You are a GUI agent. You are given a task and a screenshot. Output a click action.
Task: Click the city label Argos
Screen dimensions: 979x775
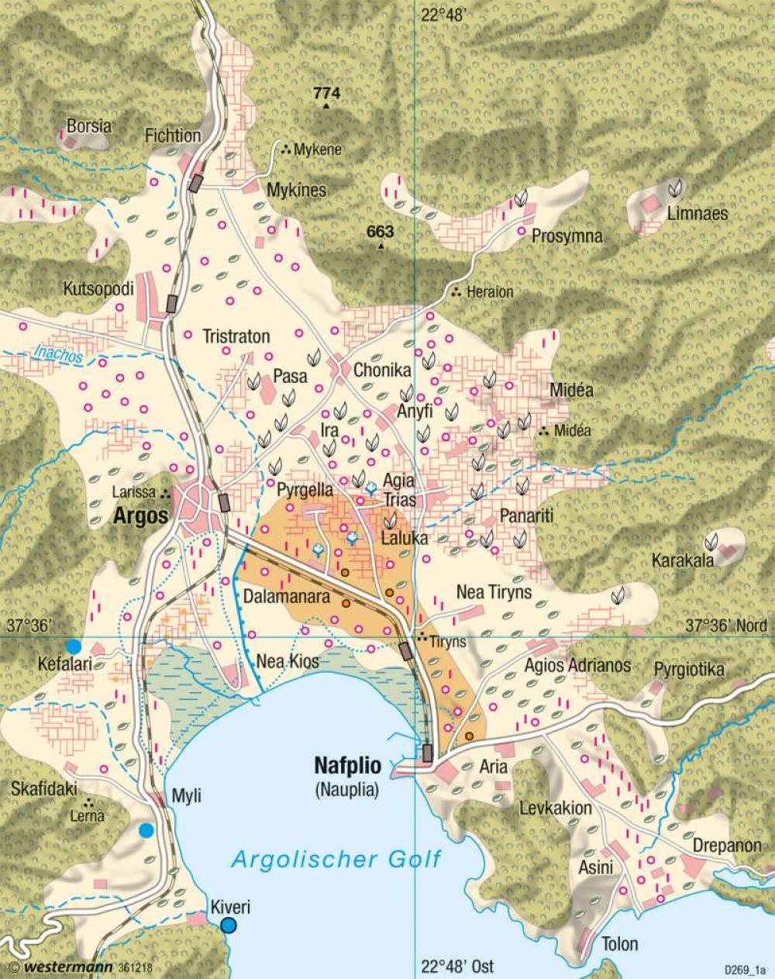coord(141,515)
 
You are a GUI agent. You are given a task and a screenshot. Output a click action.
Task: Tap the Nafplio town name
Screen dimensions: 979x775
coord(347,766)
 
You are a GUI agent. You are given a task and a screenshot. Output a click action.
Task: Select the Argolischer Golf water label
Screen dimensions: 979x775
coord(336,859)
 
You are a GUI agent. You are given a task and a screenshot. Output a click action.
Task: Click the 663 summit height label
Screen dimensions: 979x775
coord(381,232)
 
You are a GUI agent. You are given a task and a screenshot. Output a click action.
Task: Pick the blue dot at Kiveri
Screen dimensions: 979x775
coord(228,925)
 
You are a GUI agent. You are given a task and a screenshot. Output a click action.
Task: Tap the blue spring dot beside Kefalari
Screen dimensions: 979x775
coord(74,646)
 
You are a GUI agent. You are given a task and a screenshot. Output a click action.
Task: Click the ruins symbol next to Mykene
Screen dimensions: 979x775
coord(286,150)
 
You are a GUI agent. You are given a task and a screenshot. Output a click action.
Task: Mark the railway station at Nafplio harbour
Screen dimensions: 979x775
coord(427,752)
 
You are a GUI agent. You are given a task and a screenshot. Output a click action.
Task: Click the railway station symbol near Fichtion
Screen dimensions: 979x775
coord(196,183)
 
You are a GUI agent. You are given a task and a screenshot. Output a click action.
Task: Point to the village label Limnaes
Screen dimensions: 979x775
coord(697,213)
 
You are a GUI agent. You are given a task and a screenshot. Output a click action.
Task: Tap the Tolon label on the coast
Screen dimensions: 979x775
coord(619,943)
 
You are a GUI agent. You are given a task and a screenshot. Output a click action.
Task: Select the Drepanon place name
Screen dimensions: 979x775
coord(727,845)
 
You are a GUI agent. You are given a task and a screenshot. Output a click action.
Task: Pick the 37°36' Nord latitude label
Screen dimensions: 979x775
coord(727,626)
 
